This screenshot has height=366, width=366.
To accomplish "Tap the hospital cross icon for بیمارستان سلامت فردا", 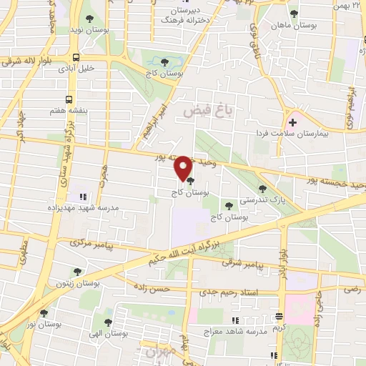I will [292, 122].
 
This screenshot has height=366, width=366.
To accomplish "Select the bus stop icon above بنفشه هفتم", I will [69, 100].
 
